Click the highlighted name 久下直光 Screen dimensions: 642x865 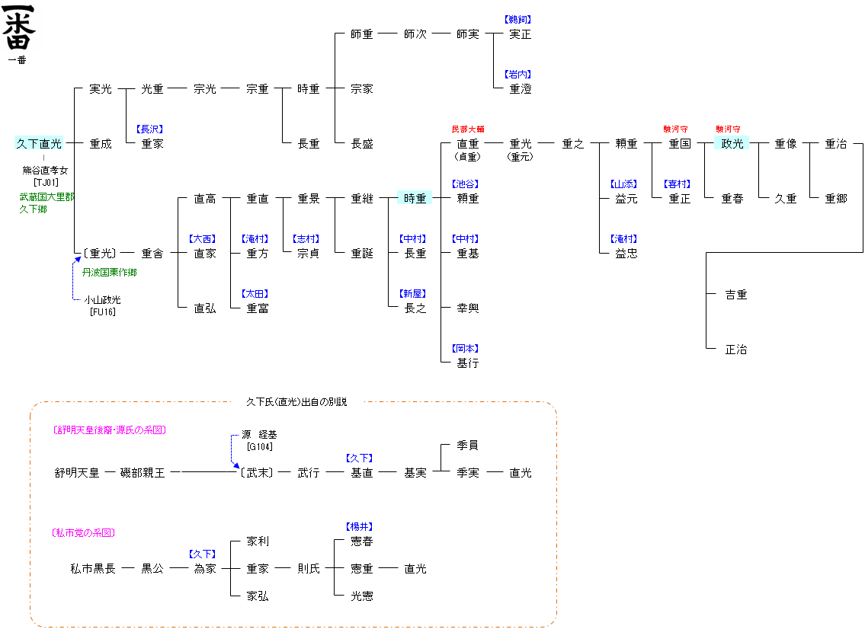39,144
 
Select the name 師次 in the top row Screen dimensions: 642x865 415,34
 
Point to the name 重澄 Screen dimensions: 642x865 521,89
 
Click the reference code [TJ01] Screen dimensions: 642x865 46,182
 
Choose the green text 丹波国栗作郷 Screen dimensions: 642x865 110,273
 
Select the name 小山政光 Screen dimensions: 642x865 102,300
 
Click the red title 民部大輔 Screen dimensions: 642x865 467,129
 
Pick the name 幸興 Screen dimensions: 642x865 467,308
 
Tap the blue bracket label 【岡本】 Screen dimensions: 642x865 467,349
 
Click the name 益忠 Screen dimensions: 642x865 626,254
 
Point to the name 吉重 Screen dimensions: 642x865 736,295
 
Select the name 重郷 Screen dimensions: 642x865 835,199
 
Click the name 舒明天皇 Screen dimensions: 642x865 77,473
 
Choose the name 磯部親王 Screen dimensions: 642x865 143,473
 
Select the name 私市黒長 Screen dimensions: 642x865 93,569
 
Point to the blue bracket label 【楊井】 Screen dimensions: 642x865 361,527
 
